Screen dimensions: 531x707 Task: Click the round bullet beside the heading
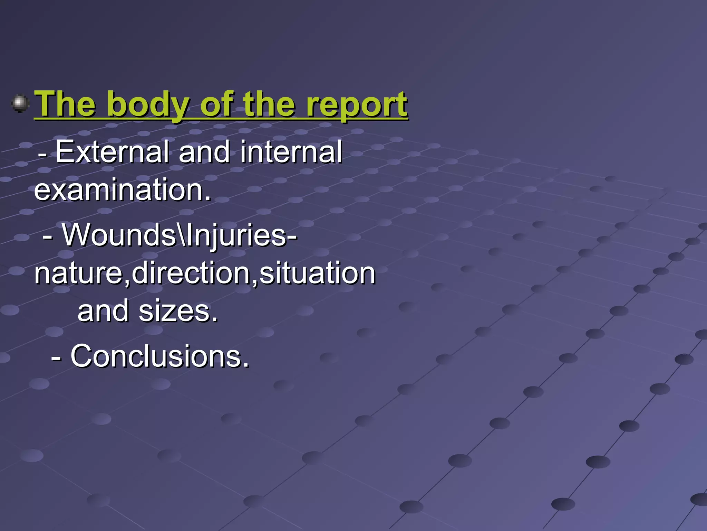(x=20, y=103)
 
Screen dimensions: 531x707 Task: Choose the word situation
(x=317, y=273)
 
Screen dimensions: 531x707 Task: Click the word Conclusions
(x=159, y=356)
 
